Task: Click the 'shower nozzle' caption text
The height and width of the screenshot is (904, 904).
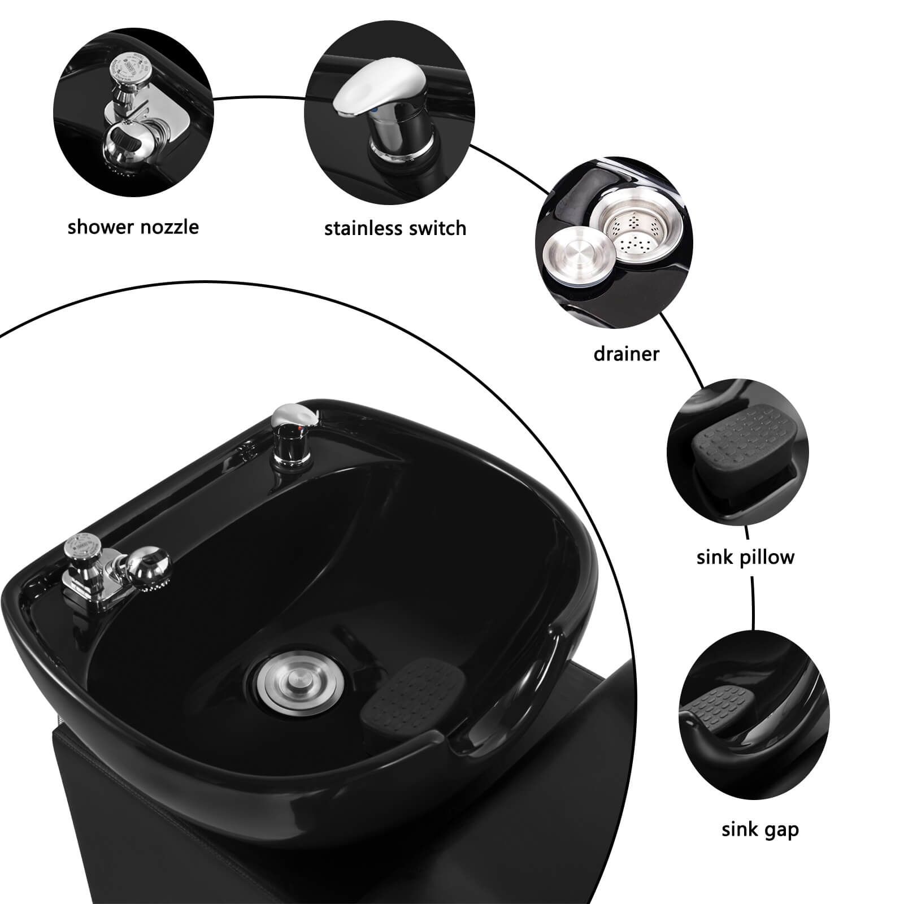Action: (x=133, y=227)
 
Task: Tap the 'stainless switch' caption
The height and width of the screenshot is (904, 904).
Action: (x=395, y=228)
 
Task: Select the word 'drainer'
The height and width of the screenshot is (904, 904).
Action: (x=626, y=354)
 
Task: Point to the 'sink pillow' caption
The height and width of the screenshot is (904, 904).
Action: (x=745, y=557)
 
